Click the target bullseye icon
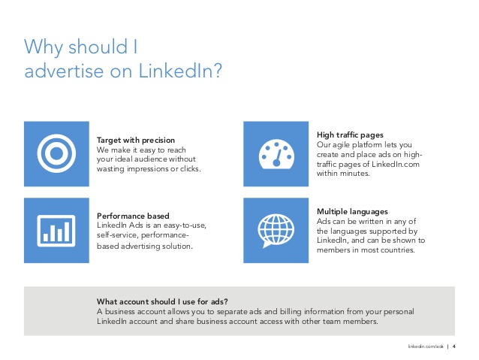click(x=56, y=153)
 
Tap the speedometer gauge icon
click(x=276, y=154)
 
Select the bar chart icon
click(x=56, y=231)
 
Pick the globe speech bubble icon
click(x=276, y=231)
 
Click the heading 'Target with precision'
click(x=136, y=140)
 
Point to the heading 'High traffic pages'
click(x=350, y=135)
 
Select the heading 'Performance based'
click(x=133, y=216)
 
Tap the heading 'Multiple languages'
click(x=352, y=212)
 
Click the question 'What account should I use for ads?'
click(x=162, y=301)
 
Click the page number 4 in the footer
click(x=454, y=346)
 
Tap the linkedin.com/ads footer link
click(x=426, y=346)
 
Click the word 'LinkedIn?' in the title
click(x=180, y=71)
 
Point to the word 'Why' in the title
click(x=44, y=47)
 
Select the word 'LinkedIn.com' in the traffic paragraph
click(x=396, y=164)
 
